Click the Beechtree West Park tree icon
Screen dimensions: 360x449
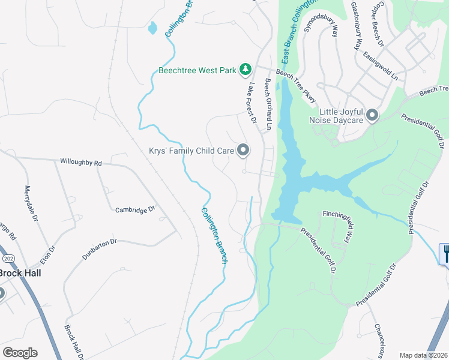[x=245, y=70]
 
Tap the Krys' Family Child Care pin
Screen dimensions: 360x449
[x=243, y=150]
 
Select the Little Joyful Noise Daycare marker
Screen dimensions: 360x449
[x=372, y=115]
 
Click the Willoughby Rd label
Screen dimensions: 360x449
[x=81, y=162]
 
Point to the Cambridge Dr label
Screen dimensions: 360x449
[x=135, y=209]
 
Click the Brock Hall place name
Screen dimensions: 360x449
[x=19, y=273]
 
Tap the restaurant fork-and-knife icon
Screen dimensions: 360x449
[x=445, y=253]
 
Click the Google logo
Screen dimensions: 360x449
[x=20, y=353]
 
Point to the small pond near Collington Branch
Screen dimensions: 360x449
[x=152, y=28]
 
